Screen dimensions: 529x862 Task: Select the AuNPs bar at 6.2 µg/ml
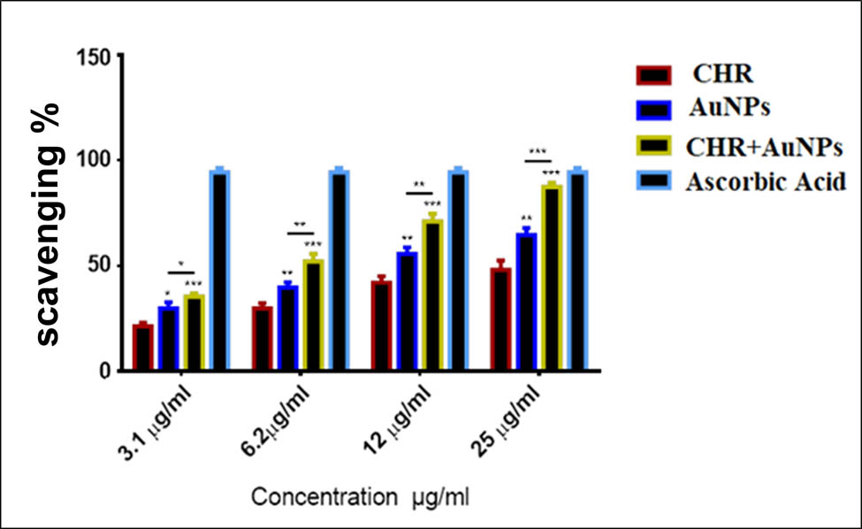(288, 328)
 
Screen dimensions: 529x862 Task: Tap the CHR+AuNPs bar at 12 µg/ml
(432, 295)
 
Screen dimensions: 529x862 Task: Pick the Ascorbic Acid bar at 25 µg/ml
(576, 271)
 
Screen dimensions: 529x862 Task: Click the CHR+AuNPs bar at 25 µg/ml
(552, 278)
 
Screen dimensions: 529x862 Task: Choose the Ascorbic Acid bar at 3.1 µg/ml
(219, 271)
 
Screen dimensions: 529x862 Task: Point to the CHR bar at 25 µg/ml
(501, 319)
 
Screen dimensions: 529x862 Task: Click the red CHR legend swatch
(656, 74)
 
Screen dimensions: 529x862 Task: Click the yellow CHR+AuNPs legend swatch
(656, 146)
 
